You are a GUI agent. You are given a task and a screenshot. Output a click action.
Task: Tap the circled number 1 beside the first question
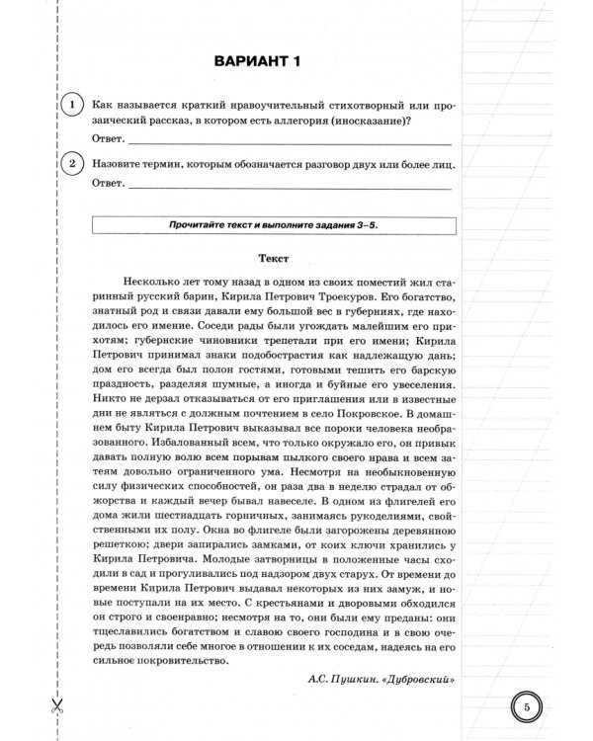click(x=70, y=105)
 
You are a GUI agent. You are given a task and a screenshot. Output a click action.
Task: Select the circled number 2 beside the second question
click(x=70, y=165)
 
